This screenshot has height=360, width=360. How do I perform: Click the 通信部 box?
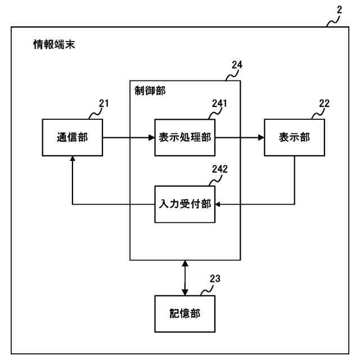click(x=73, y=138)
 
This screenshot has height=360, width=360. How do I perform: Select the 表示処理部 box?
click(x=184, y=138)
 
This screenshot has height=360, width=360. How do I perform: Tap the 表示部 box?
click(x=295, y=138)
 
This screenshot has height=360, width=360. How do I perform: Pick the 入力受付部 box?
click(x=184, y=203)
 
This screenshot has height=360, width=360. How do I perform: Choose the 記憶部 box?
click(x=185, y=314)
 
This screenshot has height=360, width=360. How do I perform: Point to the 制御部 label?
click(x=150, y=91)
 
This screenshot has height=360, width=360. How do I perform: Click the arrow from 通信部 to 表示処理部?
click(x=129, y=138)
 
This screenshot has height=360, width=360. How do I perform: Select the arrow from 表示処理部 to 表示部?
click(x=239, y=138)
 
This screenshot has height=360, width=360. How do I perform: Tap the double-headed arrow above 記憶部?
click(x=185, y=277)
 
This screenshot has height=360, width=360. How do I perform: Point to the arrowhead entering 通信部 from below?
click(x=73, y=160)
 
